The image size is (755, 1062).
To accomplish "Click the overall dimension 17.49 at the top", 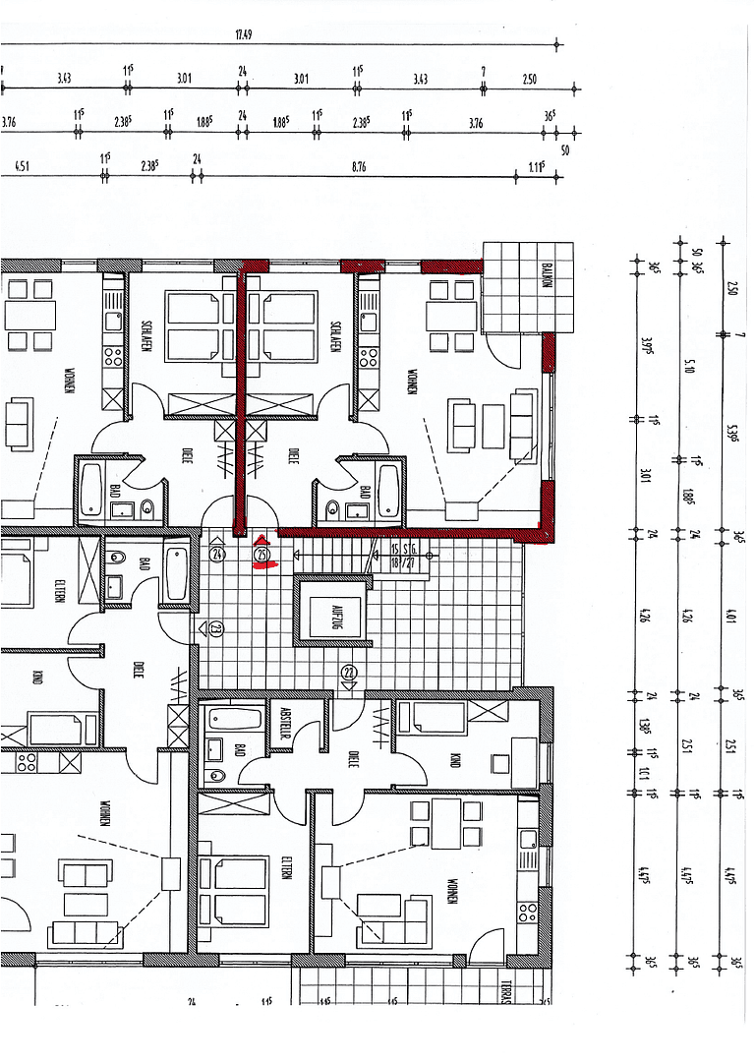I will tap(244, 35).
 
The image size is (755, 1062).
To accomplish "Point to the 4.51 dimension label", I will tap(23, 168).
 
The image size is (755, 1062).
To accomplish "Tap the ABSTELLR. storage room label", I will tap(286, 723).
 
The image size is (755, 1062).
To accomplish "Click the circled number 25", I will tap(261, 556).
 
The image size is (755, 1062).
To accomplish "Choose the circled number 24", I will tap(218, 554).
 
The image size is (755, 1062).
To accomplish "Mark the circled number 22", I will tap(349, 673).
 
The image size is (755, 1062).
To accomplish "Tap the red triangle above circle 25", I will tap(261, 540).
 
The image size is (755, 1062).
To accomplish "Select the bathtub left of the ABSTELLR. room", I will tap(235, 716).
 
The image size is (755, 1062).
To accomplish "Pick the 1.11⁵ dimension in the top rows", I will tap(535, 168).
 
